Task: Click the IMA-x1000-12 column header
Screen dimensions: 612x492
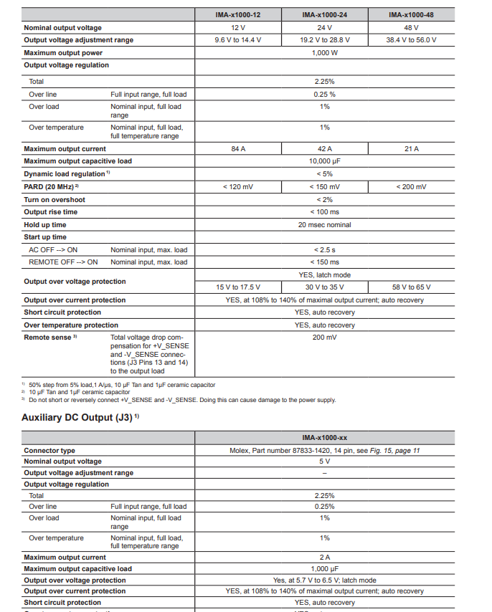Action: (238, 14)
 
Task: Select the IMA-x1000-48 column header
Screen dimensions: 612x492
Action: (411, 14)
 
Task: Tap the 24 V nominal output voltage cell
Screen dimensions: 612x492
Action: (325, 27)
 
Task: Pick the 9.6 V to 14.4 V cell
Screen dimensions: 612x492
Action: (238, 40)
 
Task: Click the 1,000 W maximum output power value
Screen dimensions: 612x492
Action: (325, 52)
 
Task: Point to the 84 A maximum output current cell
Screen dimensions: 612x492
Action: (238, 148)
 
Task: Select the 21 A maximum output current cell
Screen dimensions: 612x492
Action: (411, 148)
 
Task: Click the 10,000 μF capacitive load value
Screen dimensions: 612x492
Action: (325, 161)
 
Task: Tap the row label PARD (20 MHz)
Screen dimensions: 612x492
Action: (51, 186)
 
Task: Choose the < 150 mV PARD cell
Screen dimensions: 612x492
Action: (325, 186)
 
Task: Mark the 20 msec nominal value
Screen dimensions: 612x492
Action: (325, 224)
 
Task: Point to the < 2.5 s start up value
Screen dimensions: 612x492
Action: (325, 249)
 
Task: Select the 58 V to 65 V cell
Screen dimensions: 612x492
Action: (411, 287)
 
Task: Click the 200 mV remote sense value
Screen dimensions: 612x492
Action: (325, 337)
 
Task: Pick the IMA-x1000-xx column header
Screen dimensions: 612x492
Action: (325, 437)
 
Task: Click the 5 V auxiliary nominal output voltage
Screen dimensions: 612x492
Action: (325, 462)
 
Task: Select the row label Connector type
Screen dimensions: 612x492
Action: (49, 450)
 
